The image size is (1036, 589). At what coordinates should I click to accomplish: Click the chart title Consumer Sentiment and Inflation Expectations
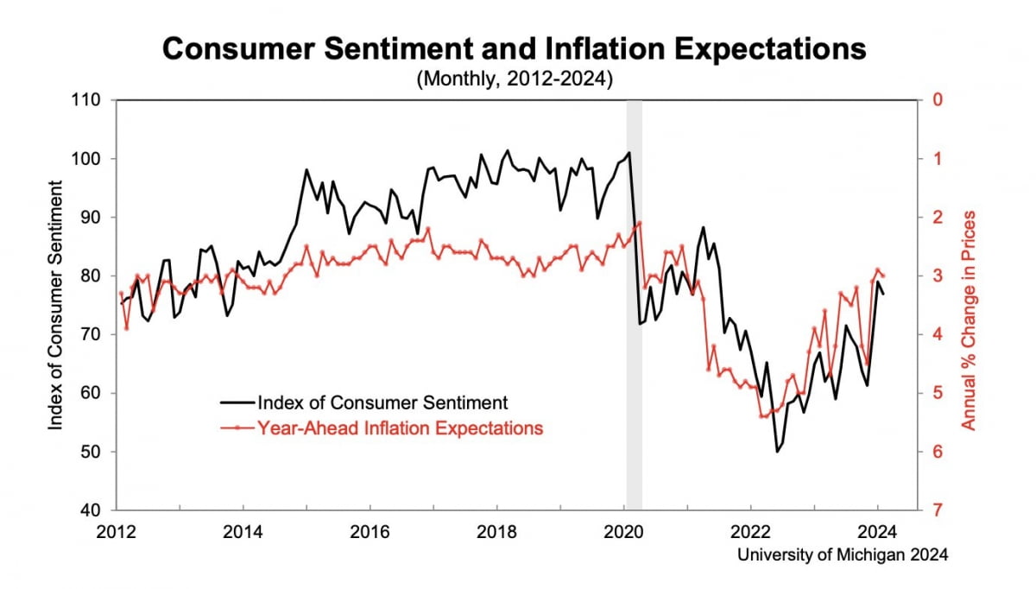pos(515,49)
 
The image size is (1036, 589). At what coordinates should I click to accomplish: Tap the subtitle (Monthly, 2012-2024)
pos(515,79)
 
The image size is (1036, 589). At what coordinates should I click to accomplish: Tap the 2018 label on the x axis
pos(498,531)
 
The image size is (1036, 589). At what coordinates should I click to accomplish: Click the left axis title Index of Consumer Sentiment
pos(57,304)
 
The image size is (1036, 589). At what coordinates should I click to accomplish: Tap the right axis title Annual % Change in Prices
pos(970,320)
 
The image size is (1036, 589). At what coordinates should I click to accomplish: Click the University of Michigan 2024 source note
pos(843,555)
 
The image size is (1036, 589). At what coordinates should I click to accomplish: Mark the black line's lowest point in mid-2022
pos(777,451)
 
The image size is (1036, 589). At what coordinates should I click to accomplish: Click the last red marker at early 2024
pos(883,276)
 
